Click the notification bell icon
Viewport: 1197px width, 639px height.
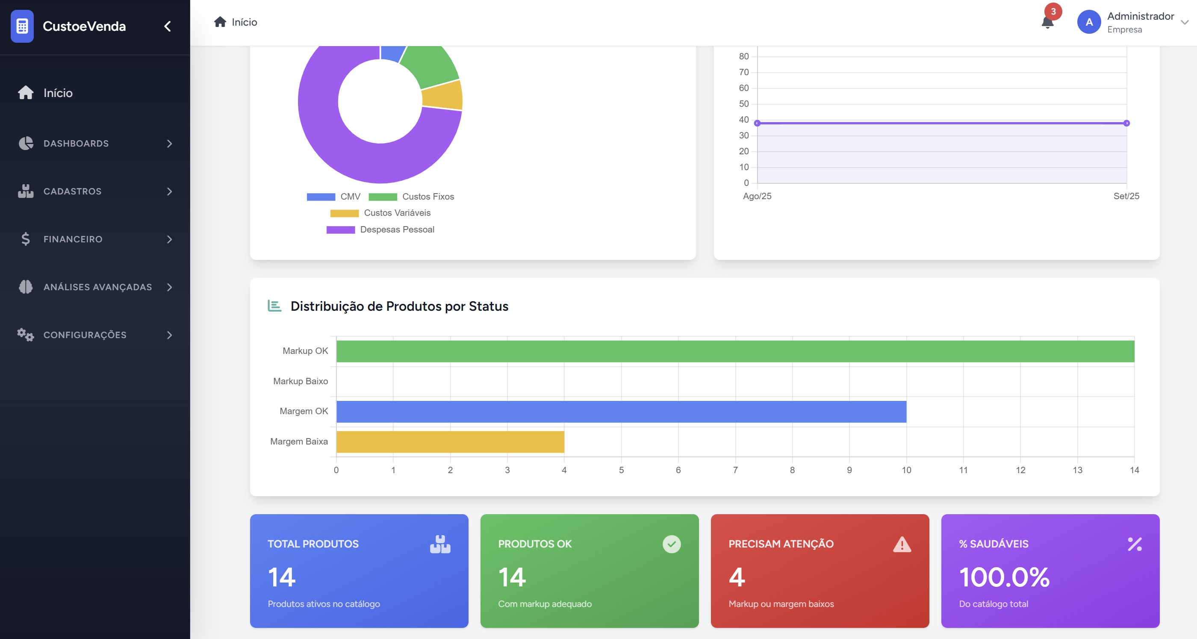[1047, 22]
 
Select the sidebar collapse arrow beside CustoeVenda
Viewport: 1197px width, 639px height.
[168, 27]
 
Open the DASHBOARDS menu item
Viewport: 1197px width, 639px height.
[76, 144]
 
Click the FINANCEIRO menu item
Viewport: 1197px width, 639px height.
[73, 239]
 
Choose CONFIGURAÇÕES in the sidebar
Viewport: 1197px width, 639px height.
[85, 335]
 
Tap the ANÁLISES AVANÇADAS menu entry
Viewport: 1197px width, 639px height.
[97, 287]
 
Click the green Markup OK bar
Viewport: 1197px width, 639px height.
[735, 351]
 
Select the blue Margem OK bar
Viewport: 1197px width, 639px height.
[621, 412]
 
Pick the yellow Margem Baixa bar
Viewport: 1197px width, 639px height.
[450, 442]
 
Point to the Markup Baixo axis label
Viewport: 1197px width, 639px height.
[300, 381]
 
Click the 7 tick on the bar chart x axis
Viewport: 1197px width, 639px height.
[735, 470]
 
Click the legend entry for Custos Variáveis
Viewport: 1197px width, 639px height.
[380, 213]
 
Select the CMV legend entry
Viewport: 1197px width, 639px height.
[333, 197]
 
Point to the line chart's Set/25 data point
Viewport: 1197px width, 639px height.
[1126, 123]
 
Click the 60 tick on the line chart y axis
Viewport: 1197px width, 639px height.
[743, 88]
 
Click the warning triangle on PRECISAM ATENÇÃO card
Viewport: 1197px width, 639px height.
[902, 544]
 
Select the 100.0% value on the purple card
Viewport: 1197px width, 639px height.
[1004, 577]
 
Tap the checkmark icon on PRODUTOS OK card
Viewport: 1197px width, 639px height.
[672, 544]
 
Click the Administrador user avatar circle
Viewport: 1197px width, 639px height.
[1089, 22]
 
